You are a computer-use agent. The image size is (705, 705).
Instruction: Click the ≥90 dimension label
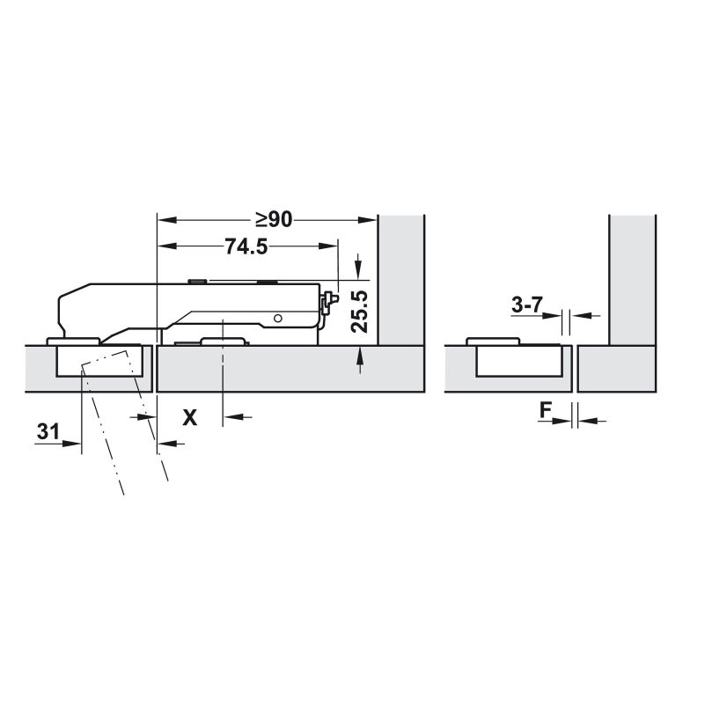(x=274, y=220)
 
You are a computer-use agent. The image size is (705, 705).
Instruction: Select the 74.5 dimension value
(x=246, y=246)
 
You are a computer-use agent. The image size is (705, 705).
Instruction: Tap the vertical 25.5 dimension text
(x=359, y=312)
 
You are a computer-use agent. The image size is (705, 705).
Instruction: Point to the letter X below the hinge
(x=190, y=418)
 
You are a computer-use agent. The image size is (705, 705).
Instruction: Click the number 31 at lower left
(x=48, y=431)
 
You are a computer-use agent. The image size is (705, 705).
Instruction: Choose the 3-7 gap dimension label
(x=527, y=305)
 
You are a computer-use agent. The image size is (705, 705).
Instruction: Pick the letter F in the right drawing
(x=546, y=410)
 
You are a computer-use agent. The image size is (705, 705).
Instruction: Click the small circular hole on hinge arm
(x=278, y=319)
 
